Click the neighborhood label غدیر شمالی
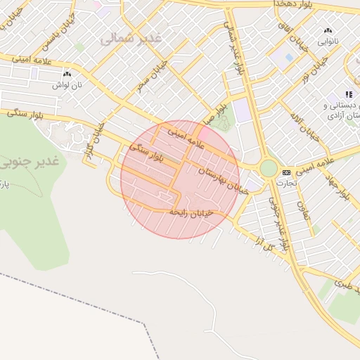pyautogui.click(x=131, y=39)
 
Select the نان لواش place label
pyautogui.click(x=65, y=84)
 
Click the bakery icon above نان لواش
pyautogui.click(x=67, y=74)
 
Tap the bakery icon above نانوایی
pyautogui.click(x=328, y=31)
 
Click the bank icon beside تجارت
pyautogui.click(x=286, y=172)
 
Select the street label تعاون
pyautogui.click(x=305, y=211)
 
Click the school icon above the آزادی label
pyautogui.click(x=348, y=94)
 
